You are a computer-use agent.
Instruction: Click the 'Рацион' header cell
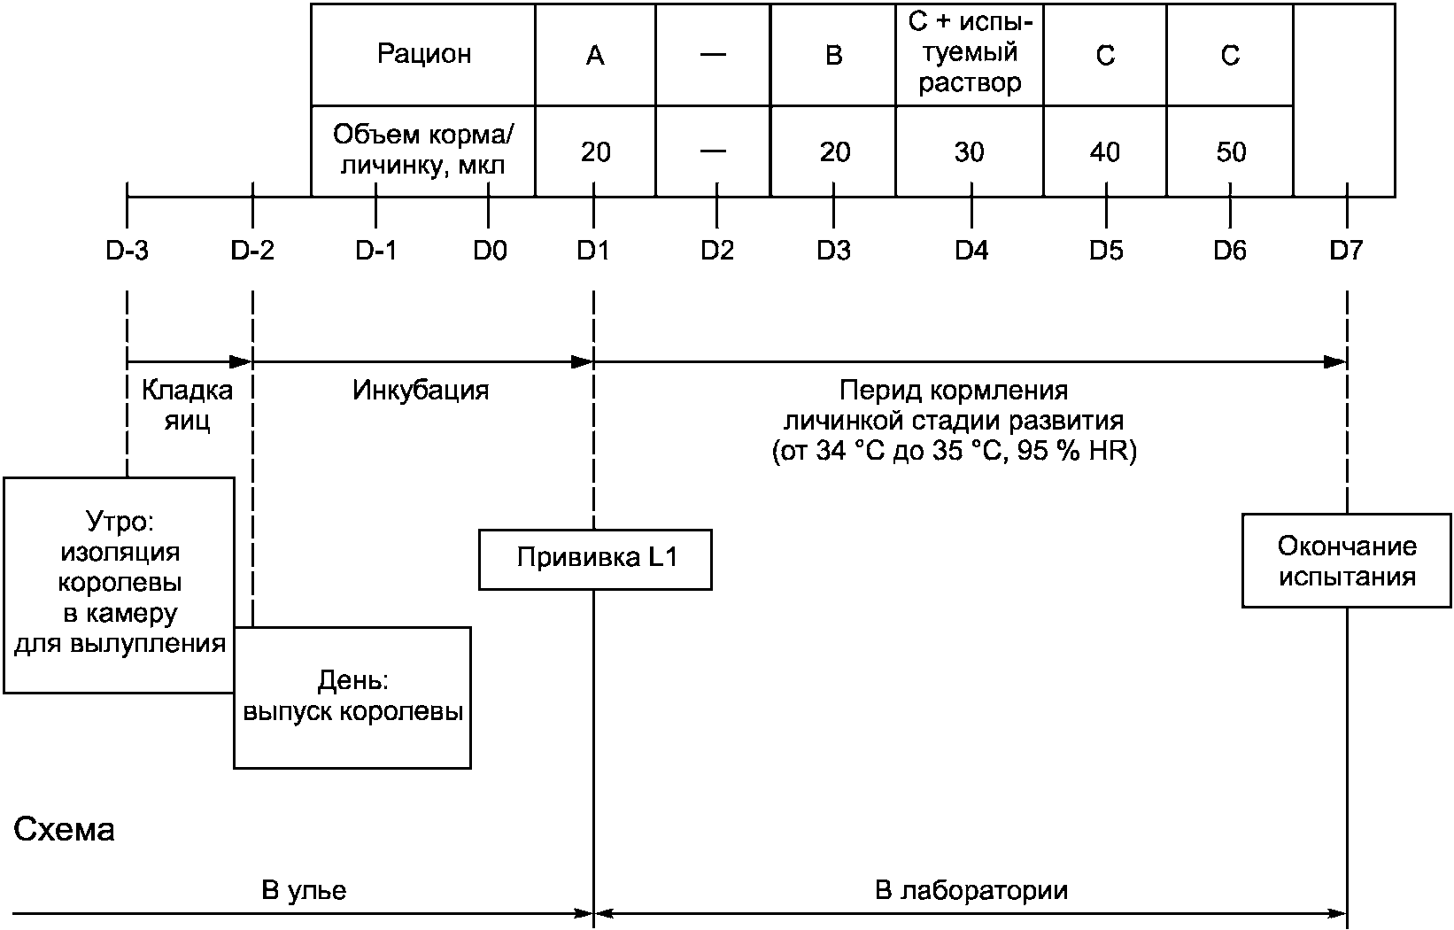click(x=423, y=55)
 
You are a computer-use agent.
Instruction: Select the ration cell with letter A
click(x=595, y=56)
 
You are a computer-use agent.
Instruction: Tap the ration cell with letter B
click(x=833, y=56)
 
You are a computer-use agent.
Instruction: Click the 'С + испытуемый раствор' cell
click(x=970, y=54)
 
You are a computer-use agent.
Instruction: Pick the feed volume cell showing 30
click(x=970, y=152)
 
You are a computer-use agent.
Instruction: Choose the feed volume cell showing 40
click(x=1105, y=152)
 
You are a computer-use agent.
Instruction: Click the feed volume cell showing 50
click(x=1230, y=152)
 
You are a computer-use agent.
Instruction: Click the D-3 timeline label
click(x=128, y=252)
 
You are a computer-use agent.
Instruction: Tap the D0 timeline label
click(x=489, y=252)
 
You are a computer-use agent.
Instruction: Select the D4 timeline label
click(x=971, y=252)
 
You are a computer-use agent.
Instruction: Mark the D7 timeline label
click(x=1346, y=252)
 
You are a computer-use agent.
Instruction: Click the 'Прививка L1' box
click(x=595, y=559)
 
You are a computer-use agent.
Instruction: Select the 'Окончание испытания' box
click(x=1346, y=561)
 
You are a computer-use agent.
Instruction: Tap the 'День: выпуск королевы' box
click(x=352, y=697)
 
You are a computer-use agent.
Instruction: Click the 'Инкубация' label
click(x=421, y=391)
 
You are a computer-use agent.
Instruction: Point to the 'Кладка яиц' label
click(x=188, y=405)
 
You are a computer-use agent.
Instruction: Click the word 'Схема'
click(x=65, y=831)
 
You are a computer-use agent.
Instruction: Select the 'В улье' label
click(x=304, y=890)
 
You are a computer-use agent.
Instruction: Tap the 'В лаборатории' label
click(x=971, y=890)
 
